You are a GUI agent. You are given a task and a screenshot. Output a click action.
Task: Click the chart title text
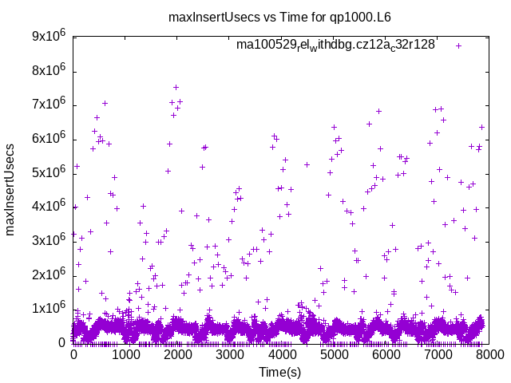(279, 16)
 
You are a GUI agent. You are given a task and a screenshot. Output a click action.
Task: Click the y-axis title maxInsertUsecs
(11, 189)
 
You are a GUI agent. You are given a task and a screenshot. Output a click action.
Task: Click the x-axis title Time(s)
(279, 372)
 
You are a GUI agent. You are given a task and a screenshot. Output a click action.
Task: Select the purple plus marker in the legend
(458, 45)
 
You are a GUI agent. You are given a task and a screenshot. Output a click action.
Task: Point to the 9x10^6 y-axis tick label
(48, 37)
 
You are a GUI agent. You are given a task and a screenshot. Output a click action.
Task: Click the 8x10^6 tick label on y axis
(48, 71)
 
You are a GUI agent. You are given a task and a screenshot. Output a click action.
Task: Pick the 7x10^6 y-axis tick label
(48, 105)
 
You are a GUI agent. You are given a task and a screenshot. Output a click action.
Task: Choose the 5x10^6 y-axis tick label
(48, 173)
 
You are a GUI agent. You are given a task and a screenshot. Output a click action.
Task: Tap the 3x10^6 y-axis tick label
(48, 241)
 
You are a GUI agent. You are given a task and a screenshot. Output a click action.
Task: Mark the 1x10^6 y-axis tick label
(48, 309)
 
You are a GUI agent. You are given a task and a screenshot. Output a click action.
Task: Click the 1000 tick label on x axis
(125, 355)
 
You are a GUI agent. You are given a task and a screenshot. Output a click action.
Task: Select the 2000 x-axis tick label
(177, 355)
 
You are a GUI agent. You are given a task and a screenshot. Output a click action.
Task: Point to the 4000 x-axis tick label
(282, 355)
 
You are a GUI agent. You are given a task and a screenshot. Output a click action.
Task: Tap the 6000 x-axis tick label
(386, 355)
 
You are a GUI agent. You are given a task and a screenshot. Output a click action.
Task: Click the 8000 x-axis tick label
(489, 355)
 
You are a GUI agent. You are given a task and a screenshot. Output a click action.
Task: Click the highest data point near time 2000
(176, 87)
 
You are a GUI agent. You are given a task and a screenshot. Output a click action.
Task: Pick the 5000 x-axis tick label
(334, 355)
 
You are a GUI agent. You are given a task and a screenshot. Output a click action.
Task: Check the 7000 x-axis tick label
(438, 355)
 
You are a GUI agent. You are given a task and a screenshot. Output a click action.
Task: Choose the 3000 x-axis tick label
(230, 355)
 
